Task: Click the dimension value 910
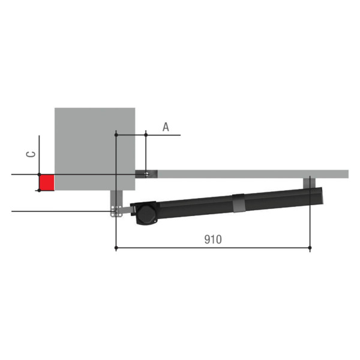tap(213, 239)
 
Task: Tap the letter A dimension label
tap(166, 127)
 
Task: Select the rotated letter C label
tap(31, 154)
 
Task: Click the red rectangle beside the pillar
tap(47, 182)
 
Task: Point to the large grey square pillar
tap(95, 149)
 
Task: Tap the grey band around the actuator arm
tap(238, 203)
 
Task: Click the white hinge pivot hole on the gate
tap(146, 174)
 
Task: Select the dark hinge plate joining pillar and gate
tap(146, 174)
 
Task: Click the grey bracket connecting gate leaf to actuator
tap(309, 184)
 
